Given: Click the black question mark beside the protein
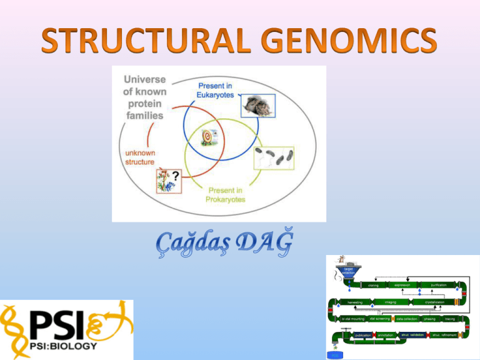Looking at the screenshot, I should pyautogui.click(x=184, y=177).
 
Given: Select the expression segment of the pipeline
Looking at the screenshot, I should pyautogui.click(x=402, y=285).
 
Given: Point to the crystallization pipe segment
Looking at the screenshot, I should pyautogui.click(x=437, y=302).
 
